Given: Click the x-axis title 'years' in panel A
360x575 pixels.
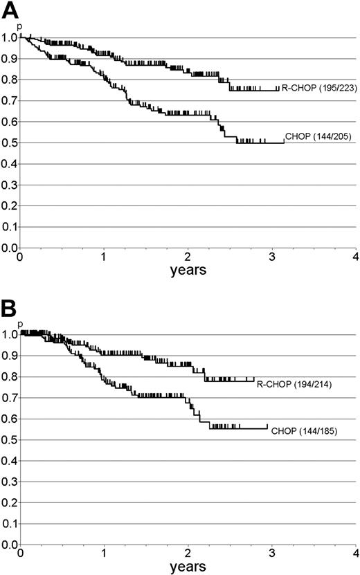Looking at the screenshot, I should [x=188, y=271].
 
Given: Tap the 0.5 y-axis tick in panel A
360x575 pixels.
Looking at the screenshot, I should [x=9, y=143].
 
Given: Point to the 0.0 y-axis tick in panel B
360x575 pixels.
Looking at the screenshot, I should [x=9, y=545].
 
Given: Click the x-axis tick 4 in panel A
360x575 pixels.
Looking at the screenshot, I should [x=354, y=257].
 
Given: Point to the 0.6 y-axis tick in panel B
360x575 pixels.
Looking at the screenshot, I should [x=9, y=419].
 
